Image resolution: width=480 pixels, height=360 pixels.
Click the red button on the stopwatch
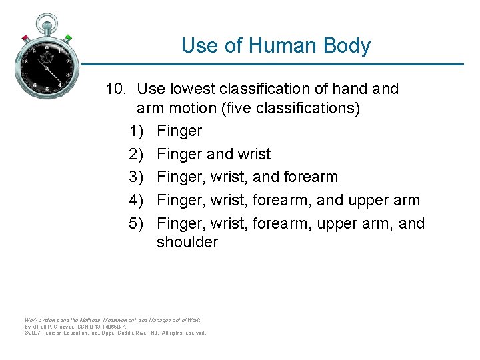(25, 37)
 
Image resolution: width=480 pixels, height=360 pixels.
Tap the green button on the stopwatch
(68, 38)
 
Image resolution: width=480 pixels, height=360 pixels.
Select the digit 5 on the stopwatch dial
(47, 90)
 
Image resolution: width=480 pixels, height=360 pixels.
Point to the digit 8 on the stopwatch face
(27, 61)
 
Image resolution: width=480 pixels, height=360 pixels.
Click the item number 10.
(117, 89)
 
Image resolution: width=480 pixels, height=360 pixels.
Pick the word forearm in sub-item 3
(310, 177)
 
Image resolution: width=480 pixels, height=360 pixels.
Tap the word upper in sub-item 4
(372, 200)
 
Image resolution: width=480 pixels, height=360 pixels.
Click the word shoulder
(187, 242)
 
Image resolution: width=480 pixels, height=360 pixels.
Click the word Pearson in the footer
(57, 333)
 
